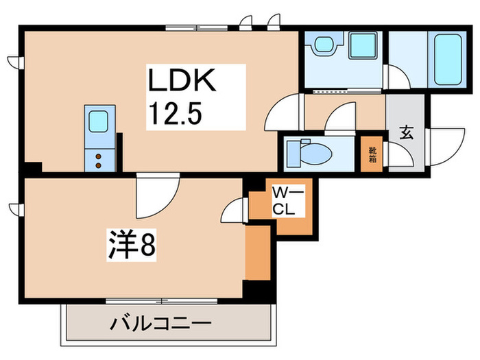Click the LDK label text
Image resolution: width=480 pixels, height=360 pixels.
coord(182,80)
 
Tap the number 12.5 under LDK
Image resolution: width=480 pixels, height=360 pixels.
coord(175,113)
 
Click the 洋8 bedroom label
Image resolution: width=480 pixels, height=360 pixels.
coord(132,245)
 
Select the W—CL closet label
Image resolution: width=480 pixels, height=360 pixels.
coord(288,202)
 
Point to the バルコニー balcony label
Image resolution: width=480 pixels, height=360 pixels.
coord(160,323)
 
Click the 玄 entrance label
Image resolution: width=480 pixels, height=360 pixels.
coord(407,132)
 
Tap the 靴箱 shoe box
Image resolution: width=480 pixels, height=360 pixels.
coord(372,154)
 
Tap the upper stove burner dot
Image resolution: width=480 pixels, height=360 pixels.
coord(98,156)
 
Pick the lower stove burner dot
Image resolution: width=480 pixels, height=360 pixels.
coord(98,166)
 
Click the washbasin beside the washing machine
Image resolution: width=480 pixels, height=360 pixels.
coord(326,44)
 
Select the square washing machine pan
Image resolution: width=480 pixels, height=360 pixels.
coord(363,45)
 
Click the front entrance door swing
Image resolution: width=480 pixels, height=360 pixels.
coord(445,147)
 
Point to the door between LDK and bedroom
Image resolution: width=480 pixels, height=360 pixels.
coord(158,195)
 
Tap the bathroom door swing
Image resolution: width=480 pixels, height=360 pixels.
coord(397,77)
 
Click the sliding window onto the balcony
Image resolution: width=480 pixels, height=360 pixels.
coord(161,301)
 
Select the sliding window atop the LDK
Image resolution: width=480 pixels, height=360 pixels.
coord(197,28)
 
